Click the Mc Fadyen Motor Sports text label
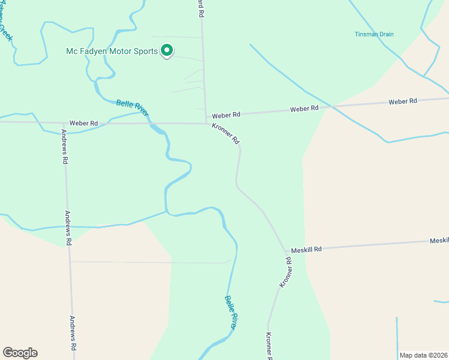point(112,51)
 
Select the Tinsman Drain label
point(373,34)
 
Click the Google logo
point(20,353)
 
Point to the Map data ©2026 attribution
point(423,355)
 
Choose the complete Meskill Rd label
point(306,249)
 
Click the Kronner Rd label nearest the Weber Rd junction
point(226,134)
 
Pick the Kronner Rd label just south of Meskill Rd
point(285,272)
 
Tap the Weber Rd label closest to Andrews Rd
point(83,123)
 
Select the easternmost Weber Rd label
point(403,101)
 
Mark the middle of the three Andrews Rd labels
point(68,229)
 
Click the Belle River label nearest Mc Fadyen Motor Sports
point(132,108)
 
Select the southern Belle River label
point(231,311)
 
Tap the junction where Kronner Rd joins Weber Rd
point(208,124)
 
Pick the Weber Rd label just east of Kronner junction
point(226,114)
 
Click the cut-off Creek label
point(5,27)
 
